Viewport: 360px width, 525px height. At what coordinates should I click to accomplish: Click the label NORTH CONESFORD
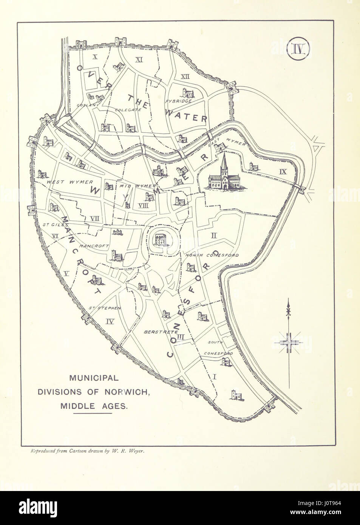point(212,255)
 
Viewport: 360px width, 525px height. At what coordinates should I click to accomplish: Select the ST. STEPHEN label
point(105,308)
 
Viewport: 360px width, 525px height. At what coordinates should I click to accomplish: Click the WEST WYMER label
point(65,182)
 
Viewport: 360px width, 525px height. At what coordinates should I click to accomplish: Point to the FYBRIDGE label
point(179,101)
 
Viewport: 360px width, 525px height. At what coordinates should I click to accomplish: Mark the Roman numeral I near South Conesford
point(215,376)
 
